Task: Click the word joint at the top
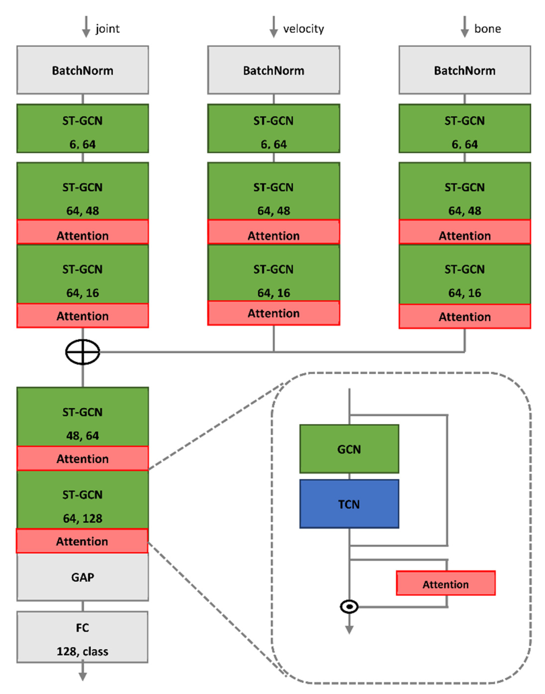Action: tap(108, 29)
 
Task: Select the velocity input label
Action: tap(303, 29)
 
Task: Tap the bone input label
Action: tap(487, 29)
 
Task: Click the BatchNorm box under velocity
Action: tap(273, 70)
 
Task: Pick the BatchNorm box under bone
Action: tap(465, 70)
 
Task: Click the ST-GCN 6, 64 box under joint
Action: tap(82, 128)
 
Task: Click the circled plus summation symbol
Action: tap(83, 352)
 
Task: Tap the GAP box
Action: tap(82, 577)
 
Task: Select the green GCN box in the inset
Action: tap(349, 449)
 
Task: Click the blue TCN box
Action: tap(349, 504)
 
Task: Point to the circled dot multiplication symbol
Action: tap(349, 606)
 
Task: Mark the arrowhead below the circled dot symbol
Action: tap(349, 629)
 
